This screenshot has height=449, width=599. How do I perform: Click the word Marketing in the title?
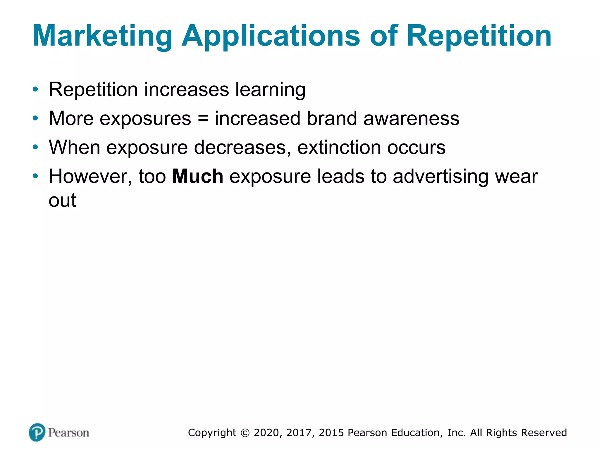(x=102, y=36)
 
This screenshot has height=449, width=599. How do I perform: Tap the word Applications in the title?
(x=271, y=36)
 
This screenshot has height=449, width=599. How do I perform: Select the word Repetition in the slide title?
(x=479, y=36)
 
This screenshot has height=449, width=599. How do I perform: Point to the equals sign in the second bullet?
(x=203, y=118)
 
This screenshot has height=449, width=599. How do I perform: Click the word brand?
(x=332, y=118)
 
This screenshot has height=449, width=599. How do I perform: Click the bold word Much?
(x=198, y=176)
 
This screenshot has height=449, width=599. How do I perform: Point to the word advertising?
(x=441, y=177)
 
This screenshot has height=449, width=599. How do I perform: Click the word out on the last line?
(x=62, y=201)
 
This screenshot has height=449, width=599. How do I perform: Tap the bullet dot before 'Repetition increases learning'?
(x=35, y=89)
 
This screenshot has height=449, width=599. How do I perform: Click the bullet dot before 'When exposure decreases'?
(x=35, y=147)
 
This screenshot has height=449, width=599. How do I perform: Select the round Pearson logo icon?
(x=37, y=432)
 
